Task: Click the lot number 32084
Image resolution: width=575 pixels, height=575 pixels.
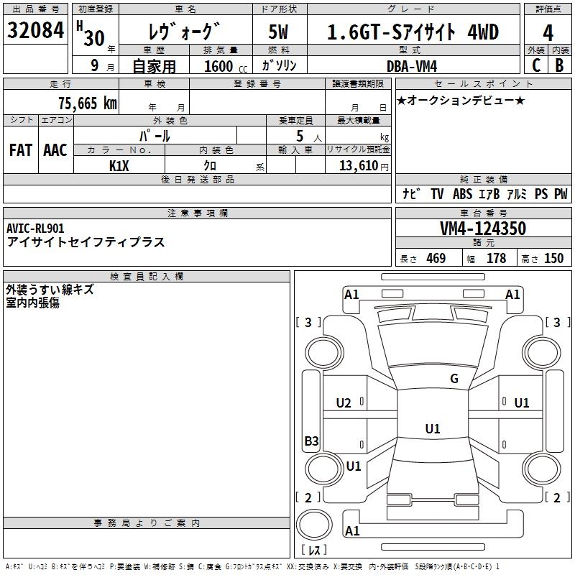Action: (x=35, y=30)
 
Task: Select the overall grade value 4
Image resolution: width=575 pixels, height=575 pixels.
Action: (x=548, y=33)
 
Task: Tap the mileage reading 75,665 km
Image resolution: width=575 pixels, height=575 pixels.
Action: (x=88, y=103)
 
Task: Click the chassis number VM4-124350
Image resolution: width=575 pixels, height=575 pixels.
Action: (x=483, y=229)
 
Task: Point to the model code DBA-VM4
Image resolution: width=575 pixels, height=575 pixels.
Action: (x=412, y=66)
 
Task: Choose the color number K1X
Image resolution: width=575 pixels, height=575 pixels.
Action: (x=119, y=166)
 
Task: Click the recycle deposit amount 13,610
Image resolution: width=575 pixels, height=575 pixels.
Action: (x=358, y=166)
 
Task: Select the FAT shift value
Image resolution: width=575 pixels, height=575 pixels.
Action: (x=21, y=150)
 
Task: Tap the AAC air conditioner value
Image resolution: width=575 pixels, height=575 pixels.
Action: (x=55, y=150)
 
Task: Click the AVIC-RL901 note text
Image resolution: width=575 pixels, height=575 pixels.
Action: (x=35, y=229)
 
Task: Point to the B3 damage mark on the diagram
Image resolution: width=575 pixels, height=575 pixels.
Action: (x=311, y=441)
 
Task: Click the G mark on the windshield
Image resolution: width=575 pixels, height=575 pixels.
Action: (x=454, y=379)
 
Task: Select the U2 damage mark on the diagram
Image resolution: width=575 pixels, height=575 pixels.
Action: (x=344, y=403)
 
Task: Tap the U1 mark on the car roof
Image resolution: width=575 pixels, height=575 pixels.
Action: (x=433, y=428)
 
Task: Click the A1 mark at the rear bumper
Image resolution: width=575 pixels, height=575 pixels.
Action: (x=352, y=530)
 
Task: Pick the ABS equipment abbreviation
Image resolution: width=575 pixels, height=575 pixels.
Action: (x=462, y=194)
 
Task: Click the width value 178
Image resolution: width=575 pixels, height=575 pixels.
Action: (x=496, y=258)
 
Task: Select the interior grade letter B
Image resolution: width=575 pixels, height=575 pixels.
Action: (x=559, y=65)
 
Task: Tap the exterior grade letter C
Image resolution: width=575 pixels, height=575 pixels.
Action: (x=536, y=65)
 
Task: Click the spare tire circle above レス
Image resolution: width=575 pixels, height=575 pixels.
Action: (x=314, y=524)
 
